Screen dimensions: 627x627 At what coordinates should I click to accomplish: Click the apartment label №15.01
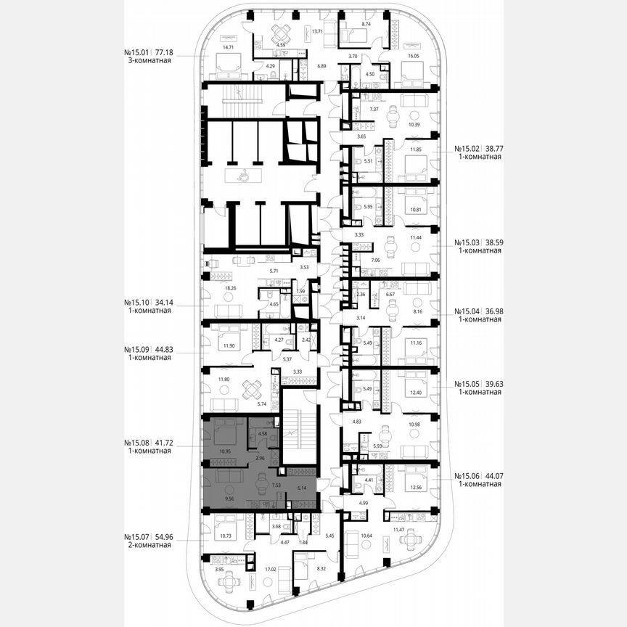(x=138, y=53)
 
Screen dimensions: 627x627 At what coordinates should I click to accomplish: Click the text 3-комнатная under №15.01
(x=148, y=62)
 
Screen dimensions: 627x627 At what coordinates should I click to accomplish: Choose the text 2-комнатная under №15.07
(x=148, y=545)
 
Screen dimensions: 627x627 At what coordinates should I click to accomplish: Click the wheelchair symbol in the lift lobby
(x=244, y=175)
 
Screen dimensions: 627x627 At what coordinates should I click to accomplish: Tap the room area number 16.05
(x=414, y=56)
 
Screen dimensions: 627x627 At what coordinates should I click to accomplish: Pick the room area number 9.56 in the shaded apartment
(x=230, y=499)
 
